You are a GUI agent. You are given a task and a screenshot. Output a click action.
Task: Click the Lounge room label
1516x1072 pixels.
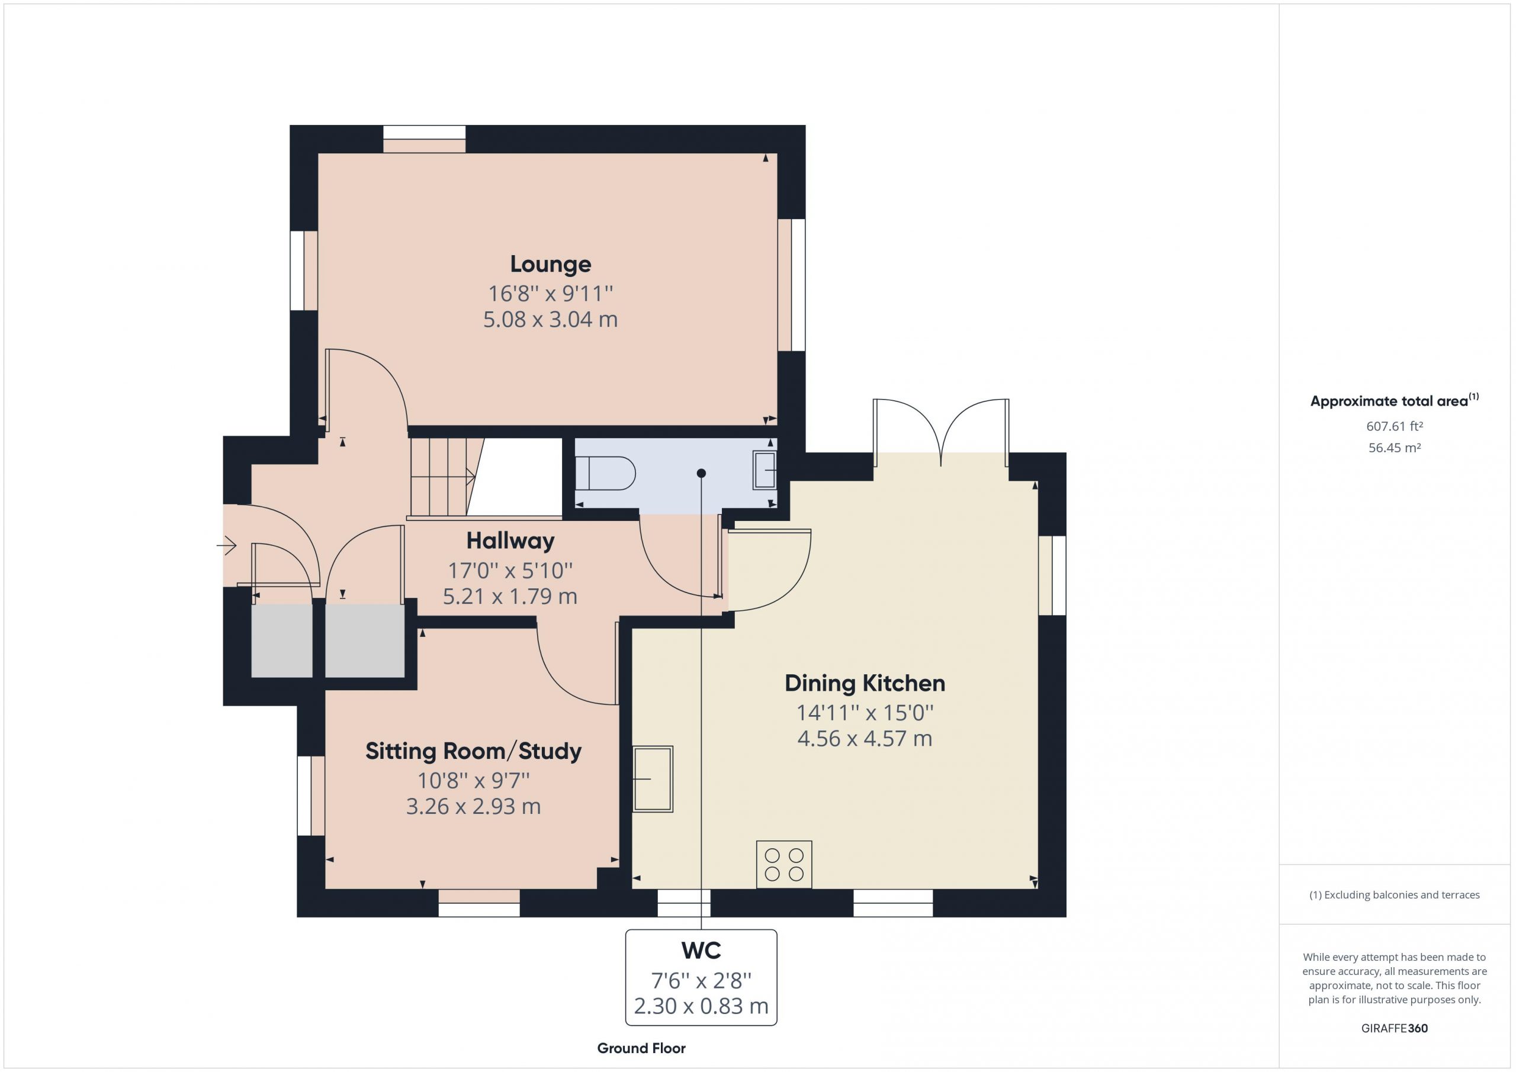pyautogui.click(x=550, y=264)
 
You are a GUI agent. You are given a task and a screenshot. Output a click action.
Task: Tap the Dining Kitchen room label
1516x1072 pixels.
pyautogui.click(x=865, y=683)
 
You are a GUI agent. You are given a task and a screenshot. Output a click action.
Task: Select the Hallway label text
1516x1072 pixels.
pyautogui.click(x=510, y=540)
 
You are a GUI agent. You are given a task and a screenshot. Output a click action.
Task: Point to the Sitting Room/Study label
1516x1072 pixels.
pyautogui.click(x=473, y=751)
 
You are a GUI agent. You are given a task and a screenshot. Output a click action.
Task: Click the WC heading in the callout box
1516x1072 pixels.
pyautogui.click(x=701, y=950)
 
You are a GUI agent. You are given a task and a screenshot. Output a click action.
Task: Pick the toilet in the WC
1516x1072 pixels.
pyautogui.click(x=605, y=474)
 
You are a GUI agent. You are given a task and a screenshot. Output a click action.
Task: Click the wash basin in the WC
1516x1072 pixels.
pyautogui.click(x=765, y=470)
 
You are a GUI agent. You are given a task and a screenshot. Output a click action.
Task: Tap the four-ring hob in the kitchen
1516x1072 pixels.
pyautogui.click(x=783, y=865)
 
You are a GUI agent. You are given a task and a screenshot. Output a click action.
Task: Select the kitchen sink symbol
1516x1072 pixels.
pyautogui.click(x=653, y=779)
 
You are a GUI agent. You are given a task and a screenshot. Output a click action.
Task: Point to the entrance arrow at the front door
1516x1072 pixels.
pyautogui.click(x=226, y=546)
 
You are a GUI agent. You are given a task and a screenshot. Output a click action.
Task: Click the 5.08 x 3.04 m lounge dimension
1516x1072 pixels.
pyautogui.click(x=550, y=320)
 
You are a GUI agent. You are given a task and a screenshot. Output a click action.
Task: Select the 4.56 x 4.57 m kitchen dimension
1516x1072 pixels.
pyautogui.click(x=865, y=739)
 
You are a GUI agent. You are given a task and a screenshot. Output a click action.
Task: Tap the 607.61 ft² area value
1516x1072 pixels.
pyautogui.click(x=1394, y=426)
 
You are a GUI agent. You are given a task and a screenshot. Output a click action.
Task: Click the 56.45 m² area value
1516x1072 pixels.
pyautogui.click(x=1394, y=448)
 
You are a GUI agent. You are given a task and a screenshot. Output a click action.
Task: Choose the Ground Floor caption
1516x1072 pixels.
pyautogui.click(x=641, y=1048)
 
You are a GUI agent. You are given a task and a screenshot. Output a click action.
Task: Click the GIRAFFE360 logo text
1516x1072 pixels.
pyautogui.click(x=1395, y=1028)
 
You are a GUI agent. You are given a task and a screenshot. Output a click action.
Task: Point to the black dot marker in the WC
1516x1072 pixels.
pyautogui.click(x=701, y=474)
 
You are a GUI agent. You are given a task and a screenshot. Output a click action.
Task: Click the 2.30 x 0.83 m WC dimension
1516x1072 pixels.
pyautogui.click(x=701, y=1006)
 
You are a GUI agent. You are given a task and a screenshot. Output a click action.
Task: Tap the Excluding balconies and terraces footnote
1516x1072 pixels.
pyautogui.click(x=1395, y=895)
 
